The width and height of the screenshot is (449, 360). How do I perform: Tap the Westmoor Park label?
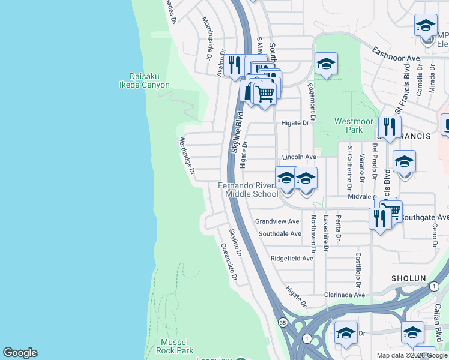tap(349, 125)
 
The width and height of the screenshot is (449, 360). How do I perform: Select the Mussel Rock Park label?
tap(176, 346)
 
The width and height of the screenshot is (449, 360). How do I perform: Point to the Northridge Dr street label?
tap(187, 157)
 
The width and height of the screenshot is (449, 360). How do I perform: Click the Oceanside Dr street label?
tap(229, 262)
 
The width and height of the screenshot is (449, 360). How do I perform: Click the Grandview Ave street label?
tap(277, 221)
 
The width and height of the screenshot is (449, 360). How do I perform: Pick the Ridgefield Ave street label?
tap(292, 259)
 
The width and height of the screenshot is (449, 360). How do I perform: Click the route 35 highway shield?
tap(283, 322)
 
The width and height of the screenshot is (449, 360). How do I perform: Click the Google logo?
tap(20, 353)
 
